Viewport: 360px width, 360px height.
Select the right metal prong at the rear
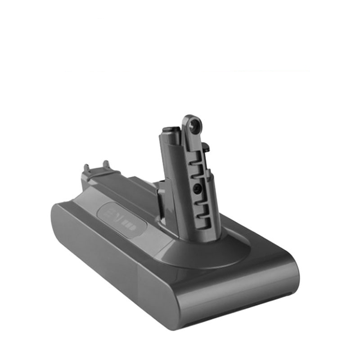pos(106,164)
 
